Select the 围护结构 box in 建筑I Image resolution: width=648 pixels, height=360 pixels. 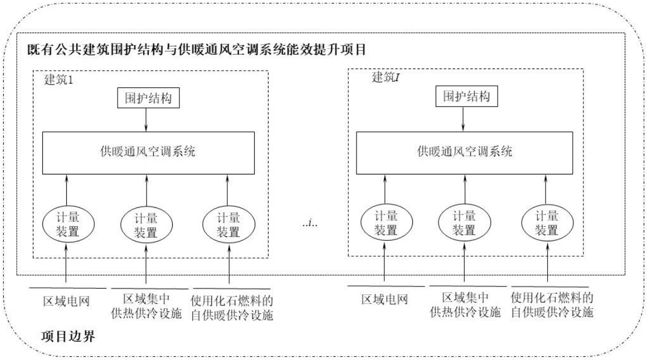462,95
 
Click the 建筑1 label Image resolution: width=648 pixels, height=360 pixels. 59,80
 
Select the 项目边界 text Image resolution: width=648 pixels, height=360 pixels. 69,338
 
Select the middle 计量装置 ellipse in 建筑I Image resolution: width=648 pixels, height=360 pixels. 464,222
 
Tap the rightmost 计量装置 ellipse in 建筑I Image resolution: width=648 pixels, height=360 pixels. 547,222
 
